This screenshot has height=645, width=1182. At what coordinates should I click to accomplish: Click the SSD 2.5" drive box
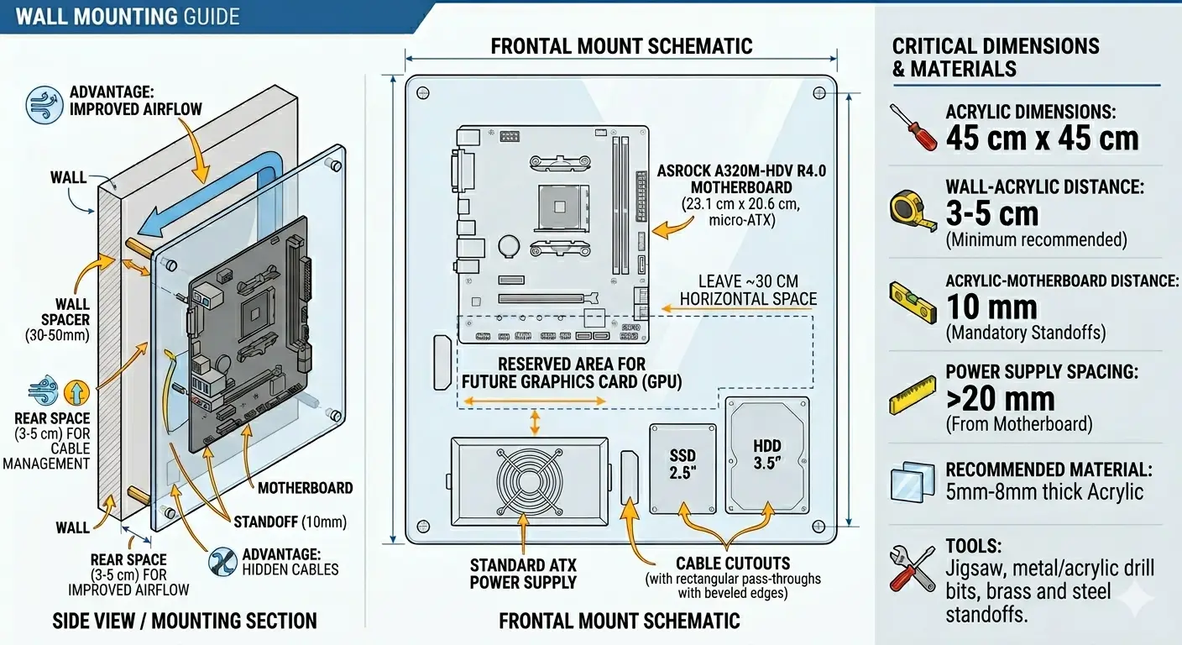(x=683, y=468)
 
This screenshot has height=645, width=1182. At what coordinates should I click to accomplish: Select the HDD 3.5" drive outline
(x=766, y=454)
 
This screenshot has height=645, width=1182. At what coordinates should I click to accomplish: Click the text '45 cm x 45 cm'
(x=1042, y=138)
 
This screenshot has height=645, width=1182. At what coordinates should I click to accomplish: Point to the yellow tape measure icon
(x=913, y=211)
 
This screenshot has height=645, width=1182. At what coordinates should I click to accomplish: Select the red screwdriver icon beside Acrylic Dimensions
(x=913, y=127)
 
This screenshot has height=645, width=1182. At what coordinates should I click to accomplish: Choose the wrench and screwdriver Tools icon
(x=913, y=569)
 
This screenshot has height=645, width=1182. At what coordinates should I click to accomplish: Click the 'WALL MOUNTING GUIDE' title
(x=128, y=16)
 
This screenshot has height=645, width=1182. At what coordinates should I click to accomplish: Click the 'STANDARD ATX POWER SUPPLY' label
(x=523, y=574)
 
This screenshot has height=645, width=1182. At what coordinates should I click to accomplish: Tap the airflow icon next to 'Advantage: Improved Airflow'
(x=44, y=105)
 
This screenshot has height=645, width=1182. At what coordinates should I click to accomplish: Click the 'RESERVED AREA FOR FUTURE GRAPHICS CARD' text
(x=572, y=373)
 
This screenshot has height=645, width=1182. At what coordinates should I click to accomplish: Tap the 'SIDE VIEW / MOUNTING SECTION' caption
(x=185, y=621)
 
